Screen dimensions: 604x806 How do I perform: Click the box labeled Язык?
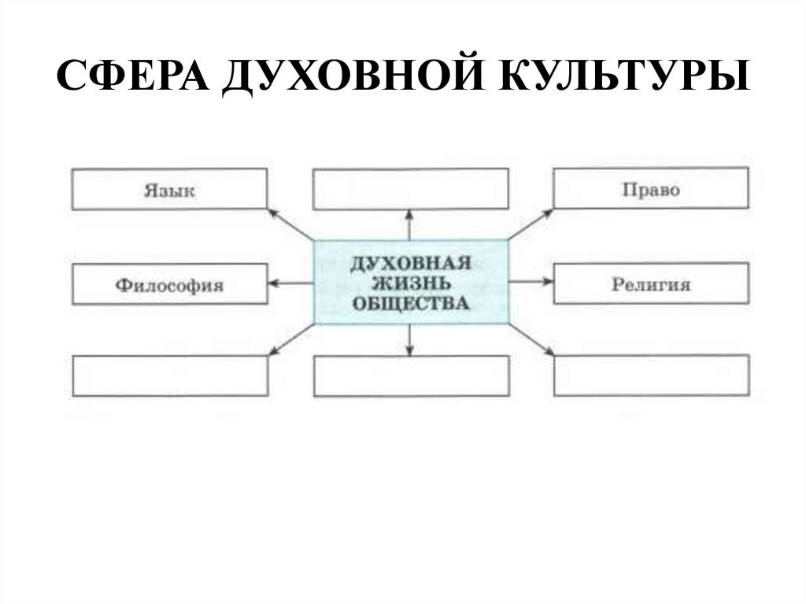click(169, 190)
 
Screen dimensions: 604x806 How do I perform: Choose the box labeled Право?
click(651, 189)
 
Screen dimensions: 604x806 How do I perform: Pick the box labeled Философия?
click(169, 284)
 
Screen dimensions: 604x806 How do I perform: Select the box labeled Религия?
click(651, 283)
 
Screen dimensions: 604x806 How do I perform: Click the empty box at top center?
click(410, 190)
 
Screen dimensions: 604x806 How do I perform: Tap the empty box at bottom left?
click(169, 376)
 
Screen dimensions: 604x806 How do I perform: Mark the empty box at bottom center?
click(410, 376)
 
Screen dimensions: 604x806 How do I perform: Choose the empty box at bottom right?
click(651, 376)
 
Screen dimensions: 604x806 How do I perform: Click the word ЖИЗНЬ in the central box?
click(411, 283)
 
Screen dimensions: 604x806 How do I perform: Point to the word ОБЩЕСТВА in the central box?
click(411, 302)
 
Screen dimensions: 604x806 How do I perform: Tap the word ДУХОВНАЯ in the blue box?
click(411, 263)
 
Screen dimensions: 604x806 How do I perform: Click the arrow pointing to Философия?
click(290, 283)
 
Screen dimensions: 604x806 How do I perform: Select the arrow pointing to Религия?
click(531, 282)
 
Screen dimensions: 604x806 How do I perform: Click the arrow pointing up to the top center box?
click(409, 226)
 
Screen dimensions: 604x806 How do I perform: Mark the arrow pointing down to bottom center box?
click(409, 339)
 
